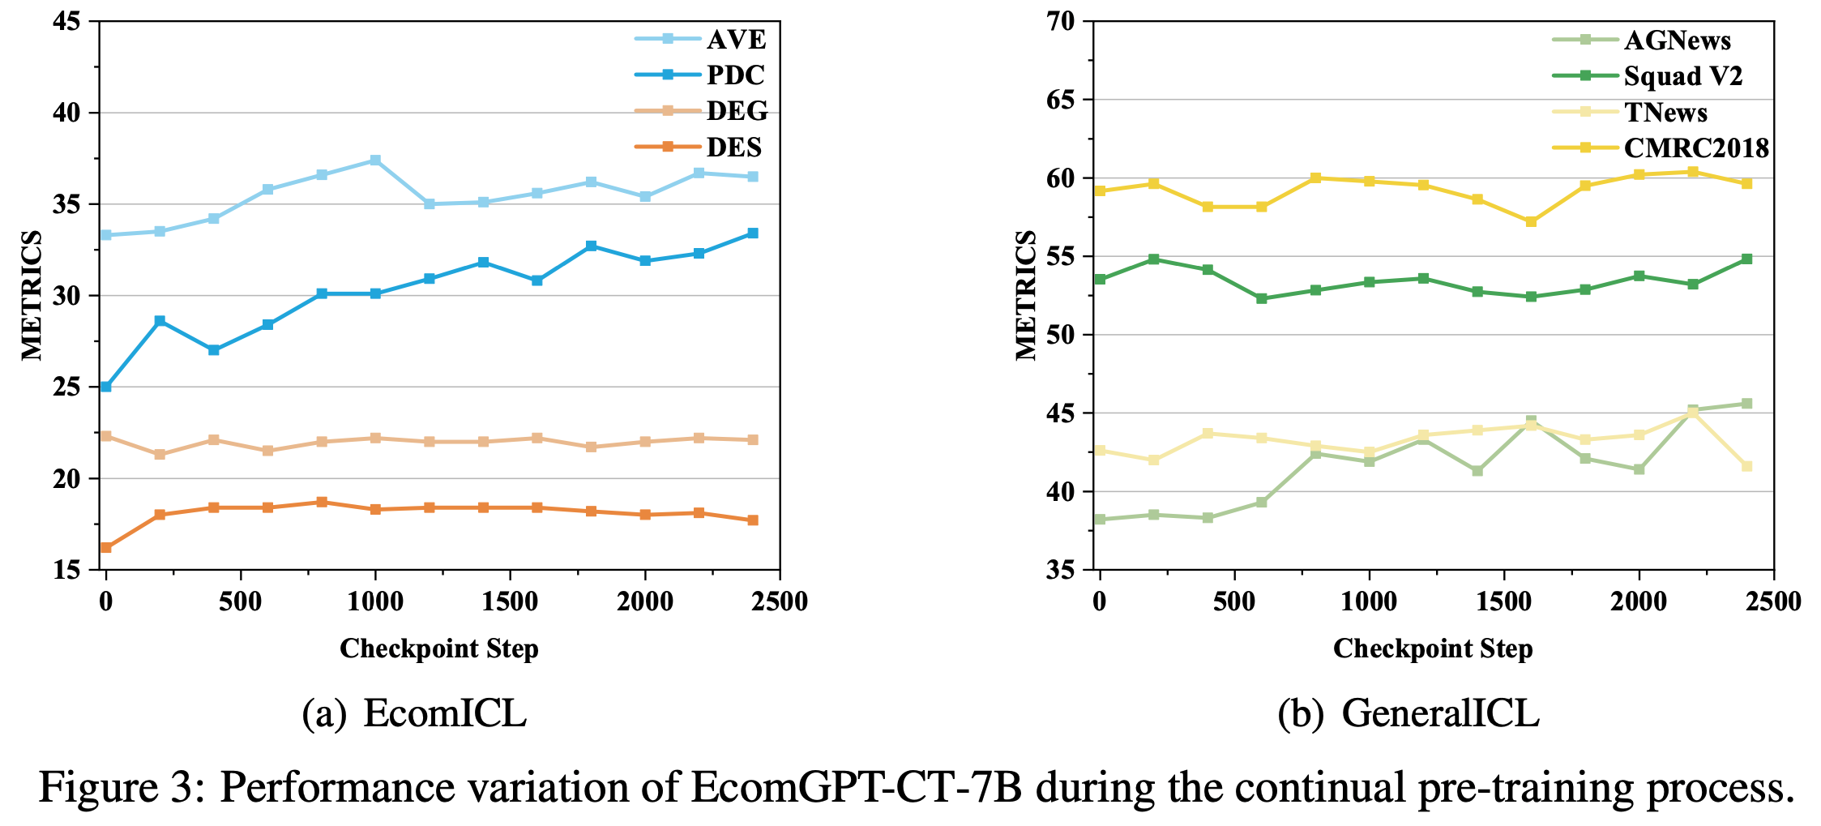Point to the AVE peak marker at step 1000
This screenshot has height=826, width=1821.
375,160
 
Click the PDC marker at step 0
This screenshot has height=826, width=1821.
106,387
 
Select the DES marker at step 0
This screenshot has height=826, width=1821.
106,548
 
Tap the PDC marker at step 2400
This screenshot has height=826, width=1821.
752,233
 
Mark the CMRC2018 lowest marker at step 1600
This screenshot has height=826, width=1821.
1531,221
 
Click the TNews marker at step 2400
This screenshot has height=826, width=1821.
1746,466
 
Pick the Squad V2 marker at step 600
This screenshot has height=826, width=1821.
1261,298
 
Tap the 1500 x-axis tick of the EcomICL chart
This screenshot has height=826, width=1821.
510,602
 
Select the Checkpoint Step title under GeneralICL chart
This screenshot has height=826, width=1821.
1433,648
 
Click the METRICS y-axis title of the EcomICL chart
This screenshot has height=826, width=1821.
32,295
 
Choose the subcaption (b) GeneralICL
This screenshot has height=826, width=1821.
1408,713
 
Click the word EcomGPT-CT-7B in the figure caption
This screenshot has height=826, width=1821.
856,786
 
